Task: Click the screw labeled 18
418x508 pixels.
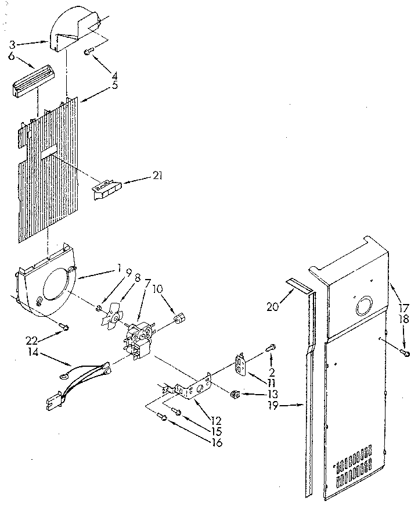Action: (406, 353)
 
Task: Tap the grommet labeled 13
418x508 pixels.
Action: (236, 394)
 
